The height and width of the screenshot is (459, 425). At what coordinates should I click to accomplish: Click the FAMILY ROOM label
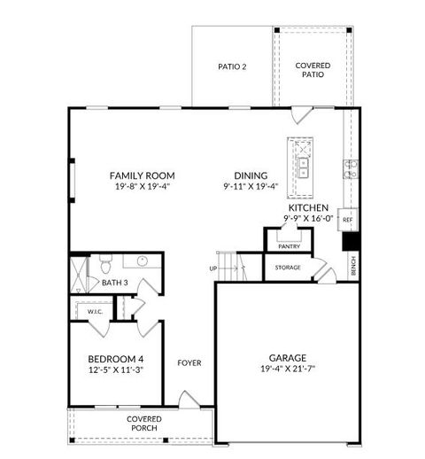tap(142, 175)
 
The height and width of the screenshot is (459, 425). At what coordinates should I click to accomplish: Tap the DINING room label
tap(251, 175)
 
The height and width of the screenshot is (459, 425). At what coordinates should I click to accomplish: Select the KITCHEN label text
tap(308, 206)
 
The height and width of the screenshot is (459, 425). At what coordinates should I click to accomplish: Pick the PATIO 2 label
tap(232, 66)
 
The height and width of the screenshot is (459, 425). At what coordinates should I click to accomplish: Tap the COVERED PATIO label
tap(313, 70)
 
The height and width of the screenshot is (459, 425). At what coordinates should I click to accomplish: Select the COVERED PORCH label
tap(142, 423)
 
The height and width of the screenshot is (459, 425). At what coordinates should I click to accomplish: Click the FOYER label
tap(189, 362)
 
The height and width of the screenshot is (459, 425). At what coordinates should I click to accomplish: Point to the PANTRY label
tap(290, 247)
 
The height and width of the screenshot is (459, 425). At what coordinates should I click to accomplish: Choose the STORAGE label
tap(287, 267)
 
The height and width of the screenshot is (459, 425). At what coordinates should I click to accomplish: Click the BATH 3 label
tap(114, 283)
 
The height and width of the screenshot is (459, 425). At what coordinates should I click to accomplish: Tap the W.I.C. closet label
tap(94, 311)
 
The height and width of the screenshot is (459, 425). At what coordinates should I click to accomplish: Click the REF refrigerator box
tap(348, 219)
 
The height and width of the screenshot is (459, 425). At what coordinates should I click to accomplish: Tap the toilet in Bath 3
tap(104, 262)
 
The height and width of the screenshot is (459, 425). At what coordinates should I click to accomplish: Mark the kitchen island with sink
tap(302, 168)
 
